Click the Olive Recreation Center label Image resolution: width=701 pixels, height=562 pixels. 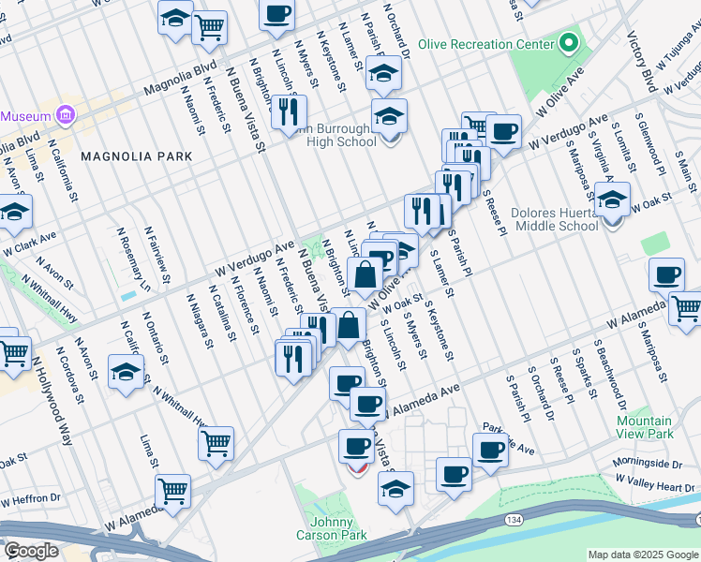(486, 44)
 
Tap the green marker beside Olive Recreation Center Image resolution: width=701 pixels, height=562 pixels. (568, 43)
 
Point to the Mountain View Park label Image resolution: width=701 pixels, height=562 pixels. (645, 427)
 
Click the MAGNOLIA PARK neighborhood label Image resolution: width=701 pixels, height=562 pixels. (128, 155)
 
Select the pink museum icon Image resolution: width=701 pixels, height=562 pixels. (65, 115)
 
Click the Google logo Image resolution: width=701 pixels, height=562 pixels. (31, 550)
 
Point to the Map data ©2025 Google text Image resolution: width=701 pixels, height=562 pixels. (643, 555)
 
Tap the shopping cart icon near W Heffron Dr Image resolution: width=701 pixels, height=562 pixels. (172, 489)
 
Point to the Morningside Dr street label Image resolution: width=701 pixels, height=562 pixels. (646, 464)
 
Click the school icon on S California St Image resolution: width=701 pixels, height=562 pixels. (126, 372)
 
